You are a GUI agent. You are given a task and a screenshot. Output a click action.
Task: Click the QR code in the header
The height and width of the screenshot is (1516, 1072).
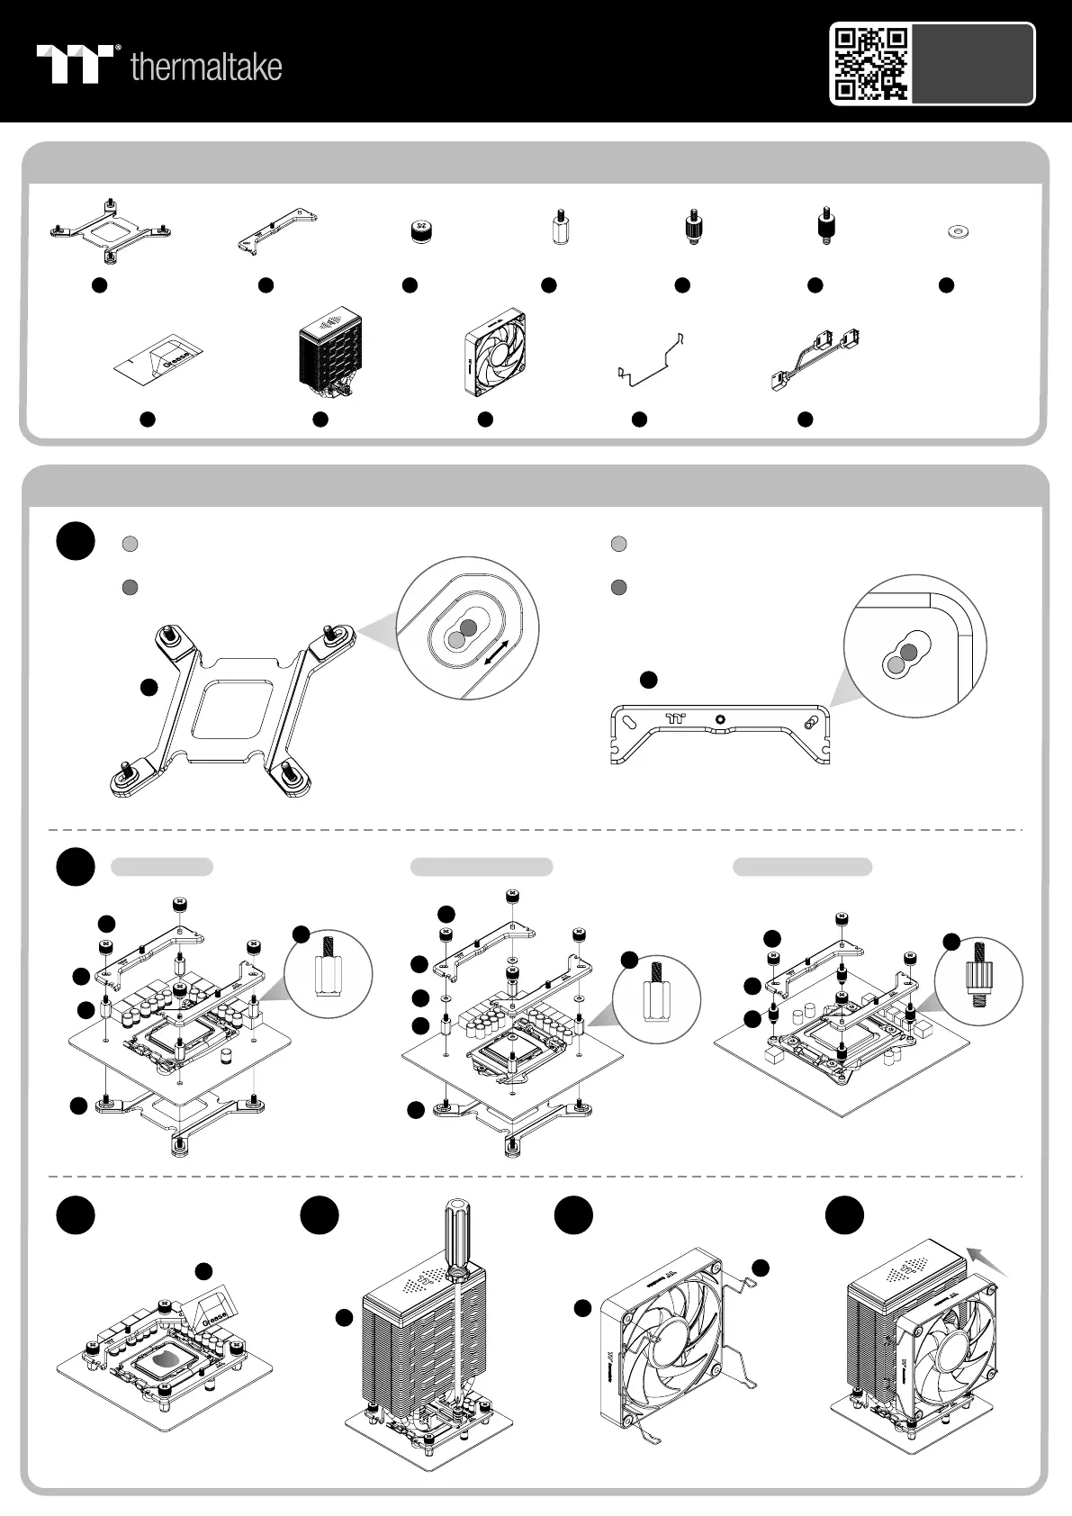(870, 64)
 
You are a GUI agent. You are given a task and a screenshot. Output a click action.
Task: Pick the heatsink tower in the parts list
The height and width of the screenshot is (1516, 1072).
(330, 357)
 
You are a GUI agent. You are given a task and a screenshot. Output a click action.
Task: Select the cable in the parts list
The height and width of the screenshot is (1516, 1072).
(817, 358)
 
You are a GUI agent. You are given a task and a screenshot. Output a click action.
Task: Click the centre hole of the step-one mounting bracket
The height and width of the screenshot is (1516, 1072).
(719, 719)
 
